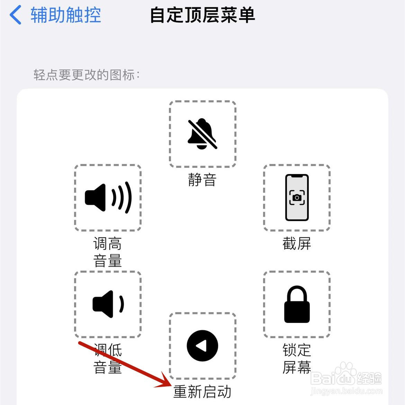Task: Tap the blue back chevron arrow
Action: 16,15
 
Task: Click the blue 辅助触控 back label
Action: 65,15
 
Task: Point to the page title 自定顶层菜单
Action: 202,15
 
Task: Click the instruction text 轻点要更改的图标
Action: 87,75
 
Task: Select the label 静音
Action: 202,180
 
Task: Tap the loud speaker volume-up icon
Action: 108,198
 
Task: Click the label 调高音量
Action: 108,252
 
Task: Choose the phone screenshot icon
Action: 297,198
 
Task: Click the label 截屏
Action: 297,244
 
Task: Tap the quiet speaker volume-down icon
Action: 108,304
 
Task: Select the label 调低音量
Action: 108,359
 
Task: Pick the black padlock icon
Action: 297,304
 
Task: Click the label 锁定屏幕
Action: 297,359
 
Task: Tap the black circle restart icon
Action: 202,346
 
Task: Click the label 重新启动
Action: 202,392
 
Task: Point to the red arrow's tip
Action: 170,385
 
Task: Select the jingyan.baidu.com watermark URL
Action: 346,391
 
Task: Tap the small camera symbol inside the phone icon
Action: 297,197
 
